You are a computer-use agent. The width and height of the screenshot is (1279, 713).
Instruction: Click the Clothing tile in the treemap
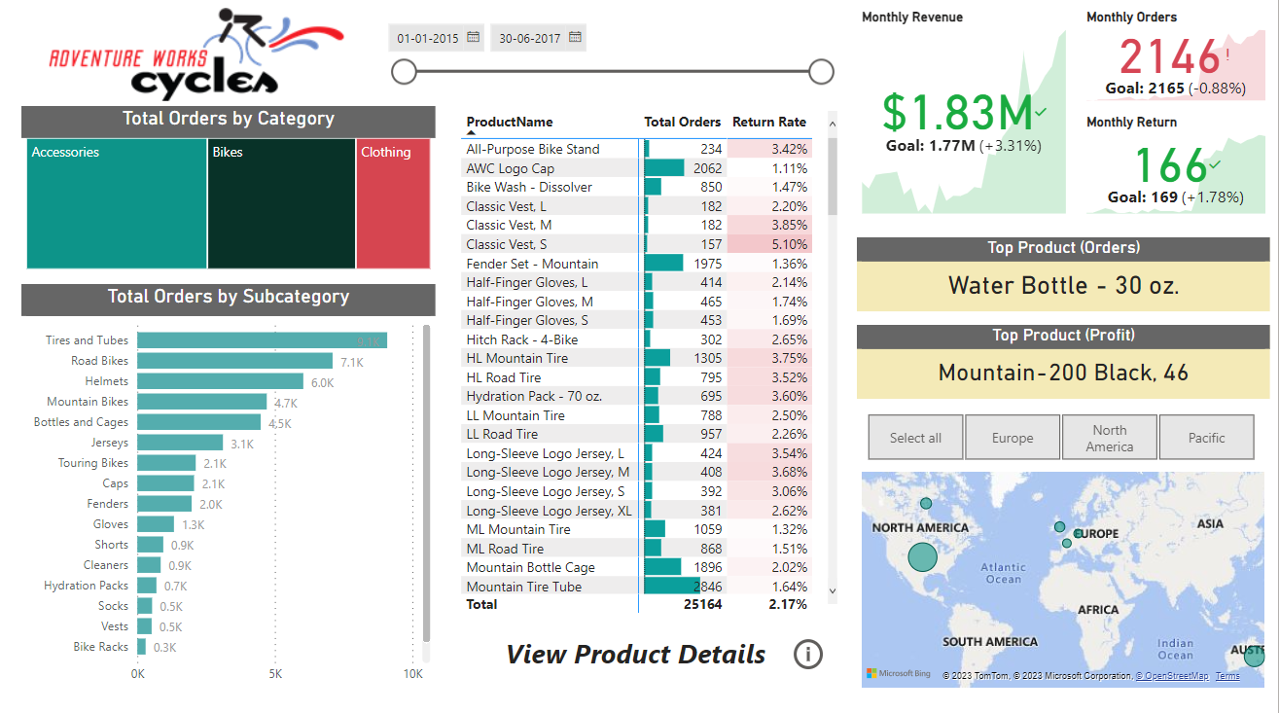click(393, 204)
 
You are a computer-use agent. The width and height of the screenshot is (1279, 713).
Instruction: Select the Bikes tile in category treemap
click(281, 204)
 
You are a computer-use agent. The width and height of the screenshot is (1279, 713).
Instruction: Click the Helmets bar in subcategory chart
click(220, 381)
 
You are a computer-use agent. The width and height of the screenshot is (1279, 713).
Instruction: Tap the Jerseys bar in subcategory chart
click(180, 443)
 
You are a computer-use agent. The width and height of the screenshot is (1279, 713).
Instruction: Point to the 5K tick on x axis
click(275, 674)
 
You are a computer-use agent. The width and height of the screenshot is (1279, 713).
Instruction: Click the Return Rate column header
click(768, 122)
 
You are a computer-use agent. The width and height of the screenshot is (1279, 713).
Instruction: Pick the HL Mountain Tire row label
click(516, 358)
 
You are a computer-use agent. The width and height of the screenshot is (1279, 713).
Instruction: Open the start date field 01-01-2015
click(429, 38)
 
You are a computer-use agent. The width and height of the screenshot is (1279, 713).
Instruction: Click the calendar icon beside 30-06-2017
click(575, 38)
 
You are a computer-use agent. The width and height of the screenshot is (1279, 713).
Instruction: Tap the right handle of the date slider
click(822, 71)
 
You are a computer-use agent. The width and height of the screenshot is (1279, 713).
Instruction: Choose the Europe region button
click(1012, 438)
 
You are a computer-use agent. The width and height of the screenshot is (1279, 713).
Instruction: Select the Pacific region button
click(1206, 438)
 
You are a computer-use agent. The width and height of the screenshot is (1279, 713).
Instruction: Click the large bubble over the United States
click(922, 557)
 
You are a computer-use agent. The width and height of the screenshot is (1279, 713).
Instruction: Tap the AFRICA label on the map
click(1098, 610)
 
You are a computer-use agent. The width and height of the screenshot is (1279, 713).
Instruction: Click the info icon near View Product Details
click(807, 655)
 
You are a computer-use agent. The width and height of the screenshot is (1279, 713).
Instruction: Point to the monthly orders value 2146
click(1169, 57)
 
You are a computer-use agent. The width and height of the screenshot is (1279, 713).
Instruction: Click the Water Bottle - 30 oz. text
click(1063, 286)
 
